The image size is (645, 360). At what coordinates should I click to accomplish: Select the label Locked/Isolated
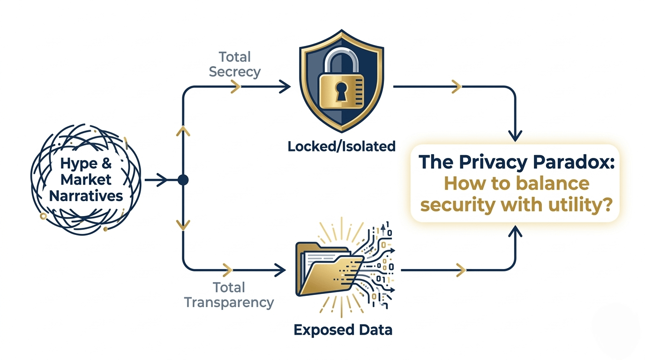pyautogui.click(x=341, y=146)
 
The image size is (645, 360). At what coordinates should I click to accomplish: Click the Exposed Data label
pyautogui.click(x=343, y=330)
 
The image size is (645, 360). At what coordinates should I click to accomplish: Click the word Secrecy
pyautogui.click(x=234, y=72)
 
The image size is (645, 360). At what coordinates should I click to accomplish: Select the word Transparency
pyautogui.click(x=229, y=302)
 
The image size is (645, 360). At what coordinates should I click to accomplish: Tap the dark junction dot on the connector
pyautogui.click(x=183, y=180)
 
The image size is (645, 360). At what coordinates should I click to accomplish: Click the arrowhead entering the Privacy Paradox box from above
pyautogui.click(x=515, y=136)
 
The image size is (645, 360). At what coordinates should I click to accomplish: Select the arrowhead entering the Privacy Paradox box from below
pyautogui.click(x=515, y=230)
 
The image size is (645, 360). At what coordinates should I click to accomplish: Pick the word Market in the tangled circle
pyautogui.click(x=86, y=180)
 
